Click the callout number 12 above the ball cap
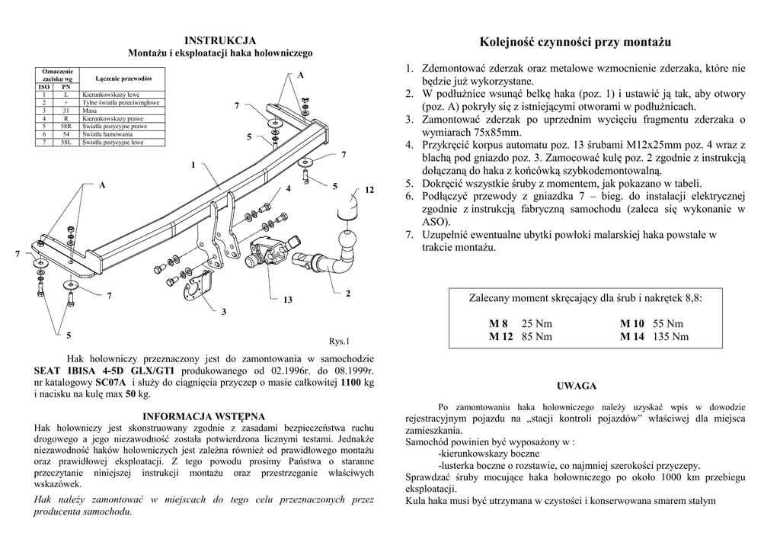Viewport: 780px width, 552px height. [369, 190]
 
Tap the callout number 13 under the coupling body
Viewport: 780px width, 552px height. [287, 300]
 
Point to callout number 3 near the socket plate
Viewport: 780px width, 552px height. [224, 313]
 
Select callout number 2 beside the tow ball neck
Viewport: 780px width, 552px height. [347, 294]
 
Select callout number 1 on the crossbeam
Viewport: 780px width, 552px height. [193, 165]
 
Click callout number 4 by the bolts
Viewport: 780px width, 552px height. [289, 188]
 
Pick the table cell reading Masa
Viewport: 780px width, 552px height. [91, 111]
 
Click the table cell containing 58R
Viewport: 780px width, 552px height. [66, 126]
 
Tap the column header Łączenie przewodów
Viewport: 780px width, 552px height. [124, 79]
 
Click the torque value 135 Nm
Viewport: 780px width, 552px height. [670, 336]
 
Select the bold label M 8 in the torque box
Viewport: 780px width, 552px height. [499, 324]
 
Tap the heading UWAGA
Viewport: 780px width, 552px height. [577, 387]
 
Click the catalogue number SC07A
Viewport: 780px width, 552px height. [110, 382]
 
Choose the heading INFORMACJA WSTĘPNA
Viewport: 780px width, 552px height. [204, 416]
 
